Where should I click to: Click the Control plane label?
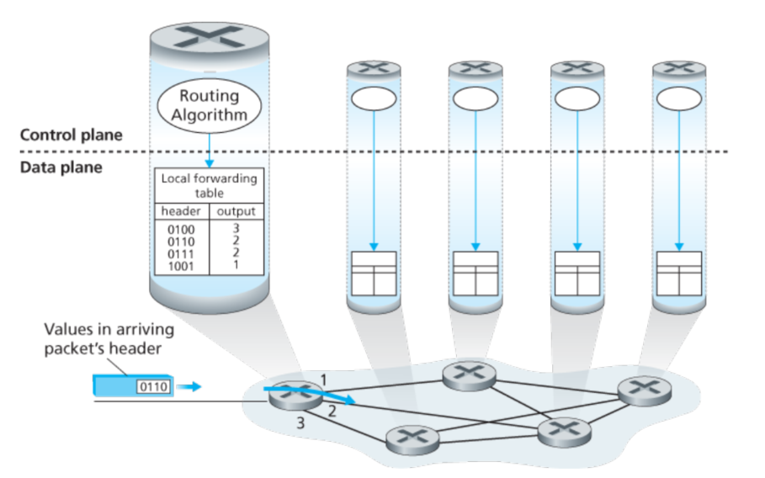click(x=71, y=135)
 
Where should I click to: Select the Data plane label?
click(x=61, y=167)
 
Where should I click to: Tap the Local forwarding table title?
click(x=209, y=185)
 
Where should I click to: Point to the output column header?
click(x=236, y=211)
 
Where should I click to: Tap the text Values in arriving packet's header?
click(x=103, y=337)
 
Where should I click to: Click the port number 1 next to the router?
click(x=322, y=377)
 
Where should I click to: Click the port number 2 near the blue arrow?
click(x=332, y=412)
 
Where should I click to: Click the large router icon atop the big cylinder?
click(x=209, y=37)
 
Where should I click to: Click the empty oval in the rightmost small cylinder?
click(x=678, y=98)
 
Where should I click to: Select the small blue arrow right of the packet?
click(x=193, y=387)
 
